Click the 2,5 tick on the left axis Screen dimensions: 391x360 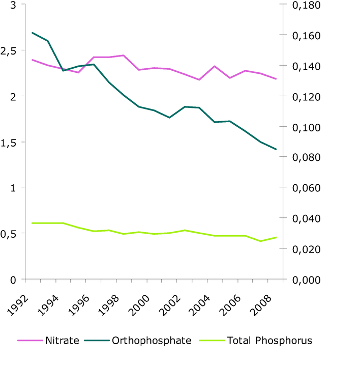tap(9, 51)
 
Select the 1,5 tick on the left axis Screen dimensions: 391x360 tap(9, 143)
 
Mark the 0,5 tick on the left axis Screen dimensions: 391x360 tap(9, 234)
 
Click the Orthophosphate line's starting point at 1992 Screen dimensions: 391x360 tap(33, 33)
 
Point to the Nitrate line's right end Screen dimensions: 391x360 tap(276, 79)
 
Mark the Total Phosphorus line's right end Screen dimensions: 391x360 tap(276, 237)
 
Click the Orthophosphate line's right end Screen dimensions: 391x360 tap(276, 149)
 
